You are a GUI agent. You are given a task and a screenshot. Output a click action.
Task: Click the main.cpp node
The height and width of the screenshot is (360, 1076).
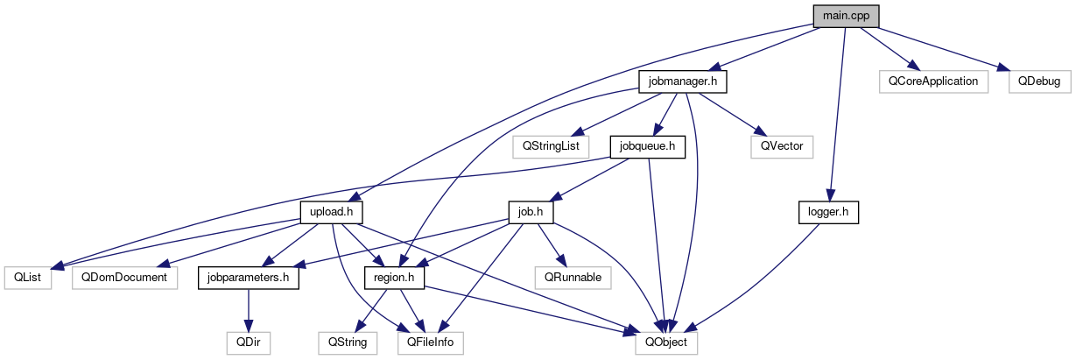(x=845, y=16)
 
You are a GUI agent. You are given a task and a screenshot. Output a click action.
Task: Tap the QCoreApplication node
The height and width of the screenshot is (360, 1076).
(x=933, y=81)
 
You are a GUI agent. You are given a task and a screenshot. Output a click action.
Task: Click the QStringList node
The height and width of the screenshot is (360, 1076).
(x=550, y=146)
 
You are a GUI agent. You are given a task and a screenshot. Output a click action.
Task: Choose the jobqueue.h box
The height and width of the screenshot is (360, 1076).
(x=647, y=146)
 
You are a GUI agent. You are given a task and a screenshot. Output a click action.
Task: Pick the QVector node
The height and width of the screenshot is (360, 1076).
(x=782, y=146)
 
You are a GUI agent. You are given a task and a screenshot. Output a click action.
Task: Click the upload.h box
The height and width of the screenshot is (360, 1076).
(x=331, y=212)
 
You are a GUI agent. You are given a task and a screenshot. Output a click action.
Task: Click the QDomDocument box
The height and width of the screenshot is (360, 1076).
(x=125, y=278)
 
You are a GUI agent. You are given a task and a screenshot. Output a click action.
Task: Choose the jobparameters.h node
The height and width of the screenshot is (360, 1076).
(x=249, y=278)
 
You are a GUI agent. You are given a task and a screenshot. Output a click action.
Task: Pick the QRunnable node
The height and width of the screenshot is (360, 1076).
(x=573, y=278)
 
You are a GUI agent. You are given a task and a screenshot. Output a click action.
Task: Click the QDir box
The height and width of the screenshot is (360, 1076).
(x=249, y=342)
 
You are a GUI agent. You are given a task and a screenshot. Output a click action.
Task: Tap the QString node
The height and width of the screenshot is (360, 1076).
(x=348, y=342)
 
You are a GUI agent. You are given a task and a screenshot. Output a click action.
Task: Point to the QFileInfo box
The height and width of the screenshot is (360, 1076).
(x=430, y=342)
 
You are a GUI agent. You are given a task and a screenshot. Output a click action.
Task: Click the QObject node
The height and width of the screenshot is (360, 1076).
(x=667, y=342)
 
